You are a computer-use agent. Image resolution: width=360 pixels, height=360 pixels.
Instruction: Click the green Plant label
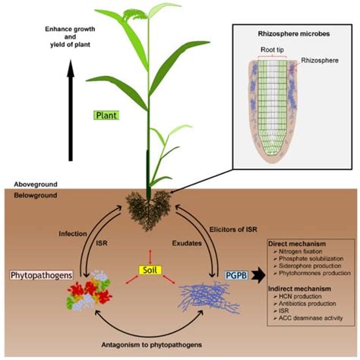pos(105,116)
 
